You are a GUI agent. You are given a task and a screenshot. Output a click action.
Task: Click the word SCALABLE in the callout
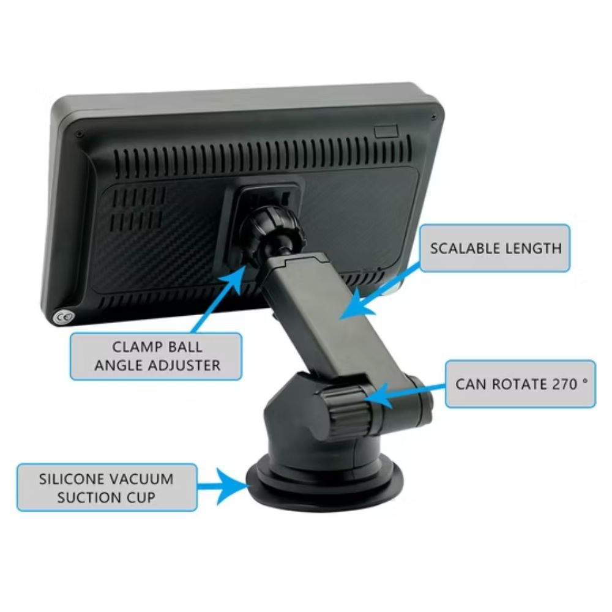coord(465,248)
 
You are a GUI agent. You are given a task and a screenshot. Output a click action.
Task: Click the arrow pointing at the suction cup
coord(223,486)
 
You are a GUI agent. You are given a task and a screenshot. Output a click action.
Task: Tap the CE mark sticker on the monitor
coord(63,316)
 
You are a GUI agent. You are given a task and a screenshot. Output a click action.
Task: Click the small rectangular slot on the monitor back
coord(386,131)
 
